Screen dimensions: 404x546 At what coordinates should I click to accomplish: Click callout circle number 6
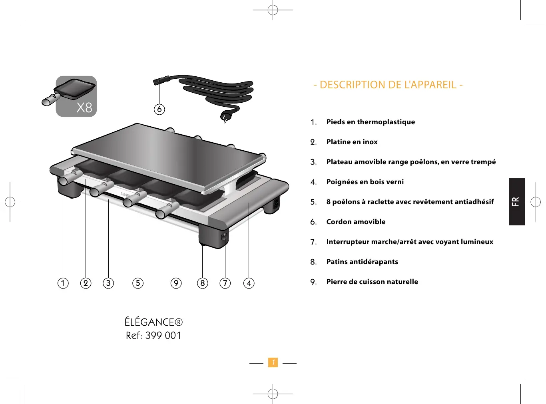tap(159, 109)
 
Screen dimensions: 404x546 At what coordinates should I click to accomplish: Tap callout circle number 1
tap(63, 283)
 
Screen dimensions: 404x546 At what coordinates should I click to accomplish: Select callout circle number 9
tap(176, 283)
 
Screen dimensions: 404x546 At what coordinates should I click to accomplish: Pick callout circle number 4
tap(249, 283)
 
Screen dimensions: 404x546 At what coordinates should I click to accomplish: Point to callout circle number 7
tap(225, 283)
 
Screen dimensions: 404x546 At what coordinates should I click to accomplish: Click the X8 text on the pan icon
tap(84, 107)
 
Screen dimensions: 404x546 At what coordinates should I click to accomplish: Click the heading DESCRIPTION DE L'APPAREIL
tap(388, 85)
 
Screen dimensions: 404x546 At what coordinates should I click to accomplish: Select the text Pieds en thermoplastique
tap(371, 122)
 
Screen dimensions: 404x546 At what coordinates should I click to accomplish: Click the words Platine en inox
tap(352, 142)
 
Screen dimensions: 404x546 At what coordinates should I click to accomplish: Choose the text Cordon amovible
tap(356, 222)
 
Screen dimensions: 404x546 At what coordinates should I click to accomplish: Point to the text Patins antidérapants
tap(362, 262)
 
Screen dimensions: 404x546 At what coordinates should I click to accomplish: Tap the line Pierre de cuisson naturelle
tap(372, 282)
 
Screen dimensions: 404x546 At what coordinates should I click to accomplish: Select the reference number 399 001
tap(163, 336)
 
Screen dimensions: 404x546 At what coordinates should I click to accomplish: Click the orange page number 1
tap(273, 362)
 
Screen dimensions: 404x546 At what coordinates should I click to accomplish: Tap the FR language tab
tap(516, 202)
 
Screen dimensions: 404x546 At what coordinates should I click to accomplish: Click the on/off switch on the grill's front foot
tap(224, 237)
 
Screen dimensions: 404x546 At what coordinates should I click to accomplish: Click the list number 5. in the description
tap(313, 202)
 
